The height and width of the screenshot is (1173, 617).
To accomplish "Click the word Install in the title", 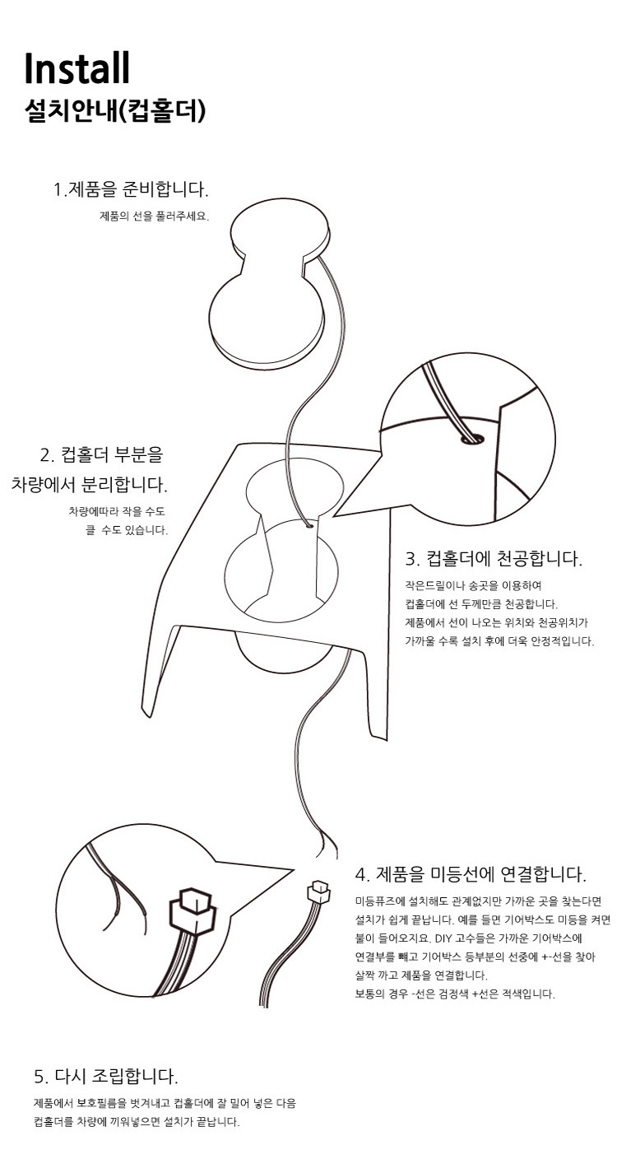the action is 77,68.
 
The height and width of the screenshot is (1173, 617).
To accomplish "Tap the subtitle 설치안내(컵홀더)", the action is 115,111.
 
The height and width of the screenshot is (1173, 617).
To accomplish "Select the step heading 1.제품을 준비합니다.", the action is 131,189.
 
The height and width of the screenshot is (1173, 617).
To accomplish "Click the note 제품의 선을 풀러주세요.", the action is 155,216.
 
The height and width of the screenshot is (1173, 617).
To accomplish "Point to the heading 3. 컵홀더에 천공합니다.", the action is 494,559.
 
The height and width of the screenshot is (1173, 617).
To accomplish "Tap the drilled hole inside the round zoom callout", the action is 471,438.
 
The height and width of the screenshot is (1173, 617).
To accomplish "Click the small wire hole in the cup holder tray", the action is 309,524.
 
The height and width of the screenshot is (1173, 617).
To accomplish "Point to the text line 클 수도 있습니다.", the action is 127,530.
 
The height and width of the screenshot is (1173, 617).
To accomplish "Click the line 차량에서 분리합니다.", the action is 90,485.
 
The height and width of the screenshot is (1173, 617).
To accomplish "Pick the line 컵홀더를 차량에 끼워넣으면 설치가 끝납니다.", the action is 137,1122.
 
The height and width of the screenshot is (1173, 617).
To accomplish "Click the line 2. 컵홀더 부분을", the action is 101,454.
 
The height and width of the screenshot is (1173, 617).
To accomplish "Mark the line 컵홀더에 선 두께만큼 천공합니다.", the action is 481,603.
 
